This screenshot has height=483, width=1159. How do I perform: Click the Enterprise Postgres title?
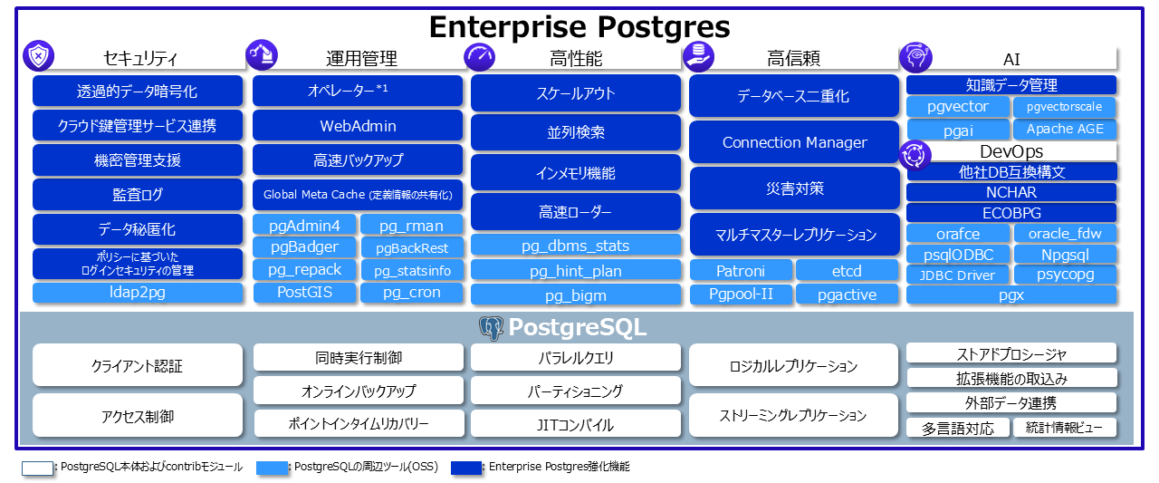point(579,26)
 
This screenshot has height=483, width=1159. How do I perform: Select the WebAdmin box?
point(358,126)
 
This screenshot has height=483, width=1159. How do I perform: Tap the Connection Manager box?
point(794,142)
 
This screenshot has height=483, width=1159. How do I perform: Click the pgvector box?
point(958,107)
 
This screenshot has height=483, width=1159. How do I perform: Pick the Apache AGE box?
point(1065,129)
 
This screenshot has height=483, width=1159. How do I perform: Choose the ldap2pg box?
point(138,293)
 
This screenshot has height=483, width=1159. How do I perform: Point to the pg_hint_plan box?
point(575,270)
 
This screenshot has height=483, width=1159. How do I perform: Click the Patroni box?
point(740,271)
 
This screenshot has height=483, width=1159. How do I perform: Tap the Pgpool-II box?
point(740,294)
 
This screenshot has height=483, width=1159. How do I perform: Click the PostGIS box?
point(304,292)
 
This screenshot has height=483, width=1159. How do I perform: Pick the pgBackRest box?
point(412,247)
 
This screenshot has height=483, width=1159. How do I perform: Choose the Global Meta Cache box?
point(358,194)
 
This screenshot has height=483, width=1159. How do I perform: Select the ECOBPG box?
point(1011,213)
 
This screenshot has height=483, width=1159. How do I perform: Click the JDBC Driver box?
point(958,275)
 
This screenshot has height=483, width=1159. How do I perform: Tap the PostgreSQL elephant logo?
point(491,328)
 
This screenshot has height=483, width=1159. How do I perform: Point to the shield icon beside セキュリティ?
point(38,56)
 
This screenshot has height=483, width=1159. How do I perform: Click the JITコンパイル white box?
point(575,424)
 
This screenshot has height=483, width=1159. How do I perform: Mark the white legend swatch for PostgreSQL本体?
point(38,468)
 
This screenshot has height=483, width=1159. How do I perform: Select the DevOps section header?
point(1011,151)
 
